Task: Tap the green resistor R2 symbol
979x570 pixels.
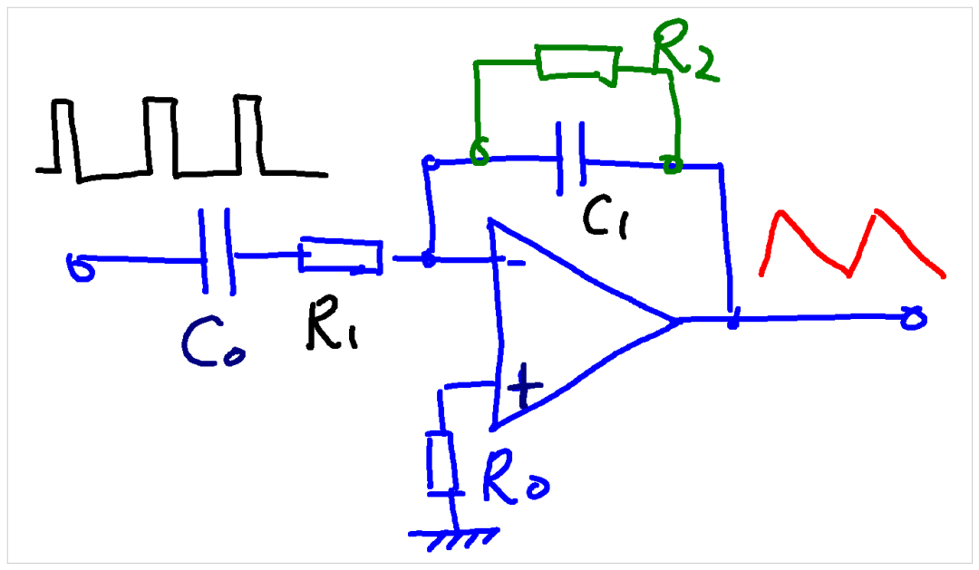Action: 577,64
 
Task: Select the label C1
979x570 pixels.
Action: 606,218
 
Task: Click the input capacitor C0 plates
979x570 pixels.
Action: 217,251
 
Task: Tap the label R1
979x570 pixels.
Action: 332,324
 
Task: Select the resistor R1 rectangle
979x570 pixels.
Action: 341,256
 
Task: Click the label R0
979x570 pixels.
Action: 515,477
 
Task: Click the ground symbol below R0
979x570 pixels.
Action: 454,538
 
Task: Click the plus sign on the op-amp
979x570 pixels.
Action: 525,387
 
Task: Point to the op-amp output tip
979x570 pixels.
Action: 678,321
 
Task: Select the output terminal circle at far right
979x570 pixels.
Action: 914,318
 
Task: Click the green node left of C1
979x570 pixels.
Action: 479,152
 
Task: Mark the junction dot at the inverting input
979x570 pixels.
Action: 428,258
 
